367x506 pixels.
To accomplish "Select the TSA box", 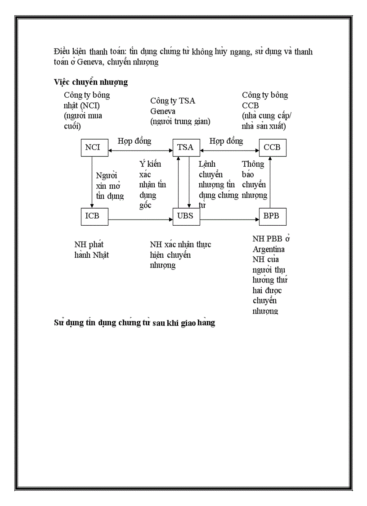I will coord(185,148).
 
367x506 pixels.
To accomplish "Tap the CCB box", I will coord(272,148).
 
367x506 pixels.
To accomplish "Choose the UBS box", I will coord(185,216).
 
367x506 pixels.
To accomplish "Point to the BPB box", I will coord(272,216).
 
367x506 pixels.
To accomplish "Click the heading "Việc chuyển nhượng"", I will coord(91,82).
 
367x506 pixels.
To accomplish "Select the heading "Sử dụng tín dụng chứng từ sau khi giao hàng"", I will coord(134,323).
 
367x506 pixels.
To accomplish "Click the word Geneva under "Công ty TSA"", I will coord(163,111).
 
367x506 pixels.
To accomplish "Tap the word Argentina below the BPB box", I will coord(269,249).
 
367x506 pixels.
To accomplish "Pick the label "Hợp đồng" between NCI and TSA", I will coord(134,141).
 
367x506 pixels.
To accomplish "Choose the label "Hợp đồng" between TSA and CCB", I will coord(226,141).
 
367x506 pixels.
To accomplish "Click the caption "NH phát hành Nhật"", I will coord(92,250).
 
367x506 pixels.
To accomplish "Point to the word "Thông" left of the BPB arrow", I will coord(253,164).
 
